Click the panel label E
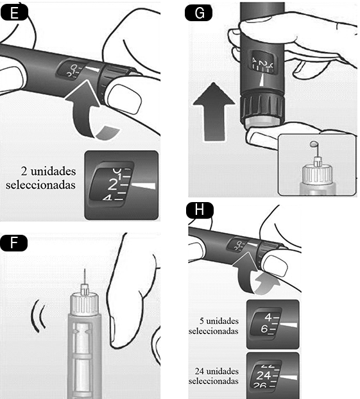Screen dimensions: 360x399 point(14,13)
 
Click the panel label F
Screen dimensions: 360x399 point(14,243)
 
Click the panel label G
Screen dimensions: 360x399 point(199,13)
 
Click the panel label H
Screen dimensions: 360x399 point(200,210)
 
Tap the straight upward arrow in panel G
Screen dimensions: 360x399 point(214,112)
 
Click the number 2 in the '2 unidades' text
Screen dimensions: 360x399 point(24,171)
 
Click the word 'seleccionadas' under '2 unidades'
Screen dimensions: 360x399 point(40,185)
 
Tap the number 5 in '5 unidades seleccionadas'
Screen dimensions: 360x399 point(201,321)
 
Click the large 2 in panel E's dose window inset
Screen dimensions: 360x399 point(112,185)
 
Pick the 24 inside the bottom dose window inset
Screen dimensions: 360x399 point(263,376)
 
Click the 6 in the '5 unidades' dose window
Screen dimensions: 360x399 point(264,329)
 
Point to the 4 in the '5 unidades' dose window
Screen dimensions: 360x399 point(268,318)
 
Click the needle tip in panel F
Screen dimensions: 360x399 point(85,269)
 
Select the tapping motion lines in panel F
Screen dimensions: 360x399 point(38,316)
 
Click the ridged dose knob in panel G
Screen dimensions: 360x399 point(262,108)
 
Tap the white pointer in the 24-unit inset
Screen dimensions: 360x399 point(288,377)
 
